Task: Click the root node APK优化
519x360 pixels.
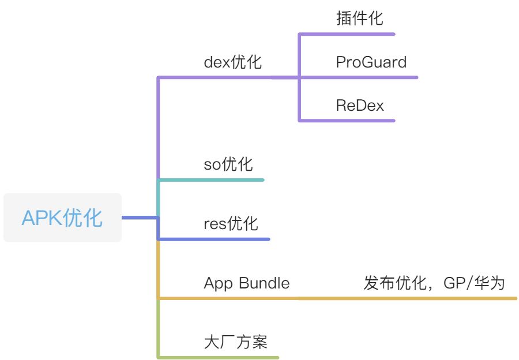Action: pos(62,218)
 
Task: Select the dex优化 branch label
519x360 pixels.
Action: pos(232,62)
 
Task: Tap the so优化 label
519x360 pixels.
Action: pos(228,164)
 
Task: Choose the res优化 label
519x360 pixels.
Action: pos(231,223)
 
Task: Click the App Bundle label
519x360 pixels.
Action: pos(247,283)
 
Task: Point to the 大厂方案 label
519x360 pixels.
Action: pos(235,342)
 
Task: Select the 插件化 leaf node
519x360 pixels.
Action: pos(359,18)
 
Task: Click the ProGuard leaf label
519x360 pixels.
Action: pos(371,62)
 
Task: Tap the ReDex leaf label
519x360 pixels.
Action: pos(360,106)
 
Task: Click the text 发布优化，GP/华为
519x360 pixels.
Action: pos(434,283)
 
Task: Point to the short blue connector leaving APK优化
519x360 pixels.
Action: pos(138,217)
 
